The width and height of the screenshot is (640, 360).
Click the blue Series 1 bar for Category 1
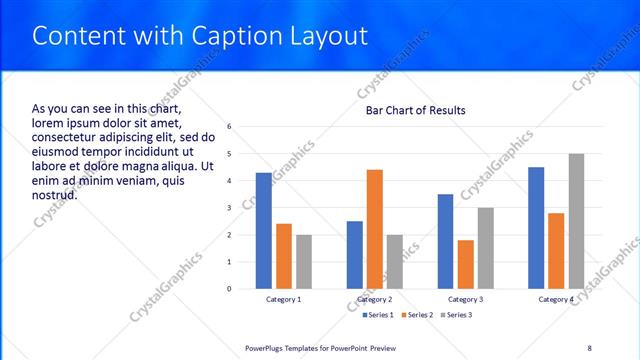click(264, 231)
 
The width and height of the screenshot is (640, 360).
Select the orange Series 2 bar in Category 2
click(375, 229)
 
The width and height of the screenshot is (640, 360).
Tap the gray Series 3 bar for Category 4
click(576, 221)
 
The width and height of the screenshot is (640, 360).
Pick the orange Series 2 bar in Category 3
click(466, 264)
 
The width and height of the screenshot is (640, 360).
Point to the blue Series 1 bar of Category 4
click(536, 228)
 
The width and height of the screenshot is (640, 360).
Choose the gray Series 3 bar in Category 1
click(304, 262)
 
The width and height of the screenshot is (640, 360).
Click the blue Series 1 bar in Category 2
click(355, 255)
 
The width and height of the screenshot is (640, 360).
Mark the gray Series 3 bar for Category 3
click(486, 248)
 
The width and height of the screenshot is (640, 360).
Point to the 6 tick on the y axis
click(230, 127)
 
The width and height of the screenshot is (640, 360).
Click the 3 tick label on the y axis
click(230, 208)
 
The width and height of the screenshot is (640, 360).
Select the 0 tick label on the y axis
click(230, 289)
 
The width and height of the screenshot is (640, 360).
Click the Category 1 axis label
click(284, 300)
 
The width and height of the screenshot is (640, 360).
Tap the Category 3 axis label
click(466, 300)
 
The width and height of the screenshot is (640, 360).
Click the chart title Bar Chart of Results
click(416, 110)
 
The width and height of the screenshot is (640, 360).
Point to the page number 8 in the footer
click(590, 347)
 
